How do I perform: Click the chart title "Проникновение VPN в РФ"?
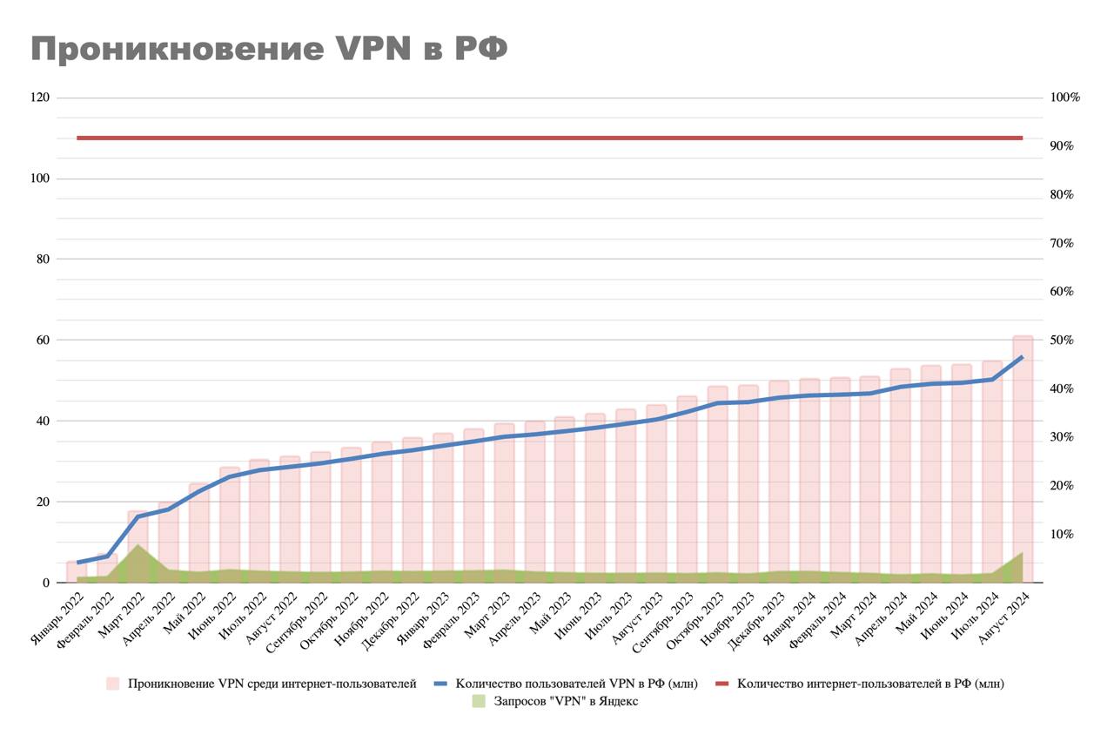tap(269, 49)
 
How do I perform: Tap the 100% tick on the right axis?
tap(1064, 98)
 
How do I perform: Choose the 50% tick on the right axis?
tap(1062, 340)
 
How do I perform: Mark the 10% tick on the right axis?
tap(1062, 534)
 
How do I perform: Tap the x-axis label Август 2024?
tap(1005, 618)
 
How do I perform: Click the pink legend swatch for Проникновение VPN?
tap(113, 684)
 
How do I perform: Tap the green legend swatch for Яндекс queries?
tap(479, 701)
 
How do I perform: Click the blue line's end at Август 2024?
tap(1022, 357)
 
